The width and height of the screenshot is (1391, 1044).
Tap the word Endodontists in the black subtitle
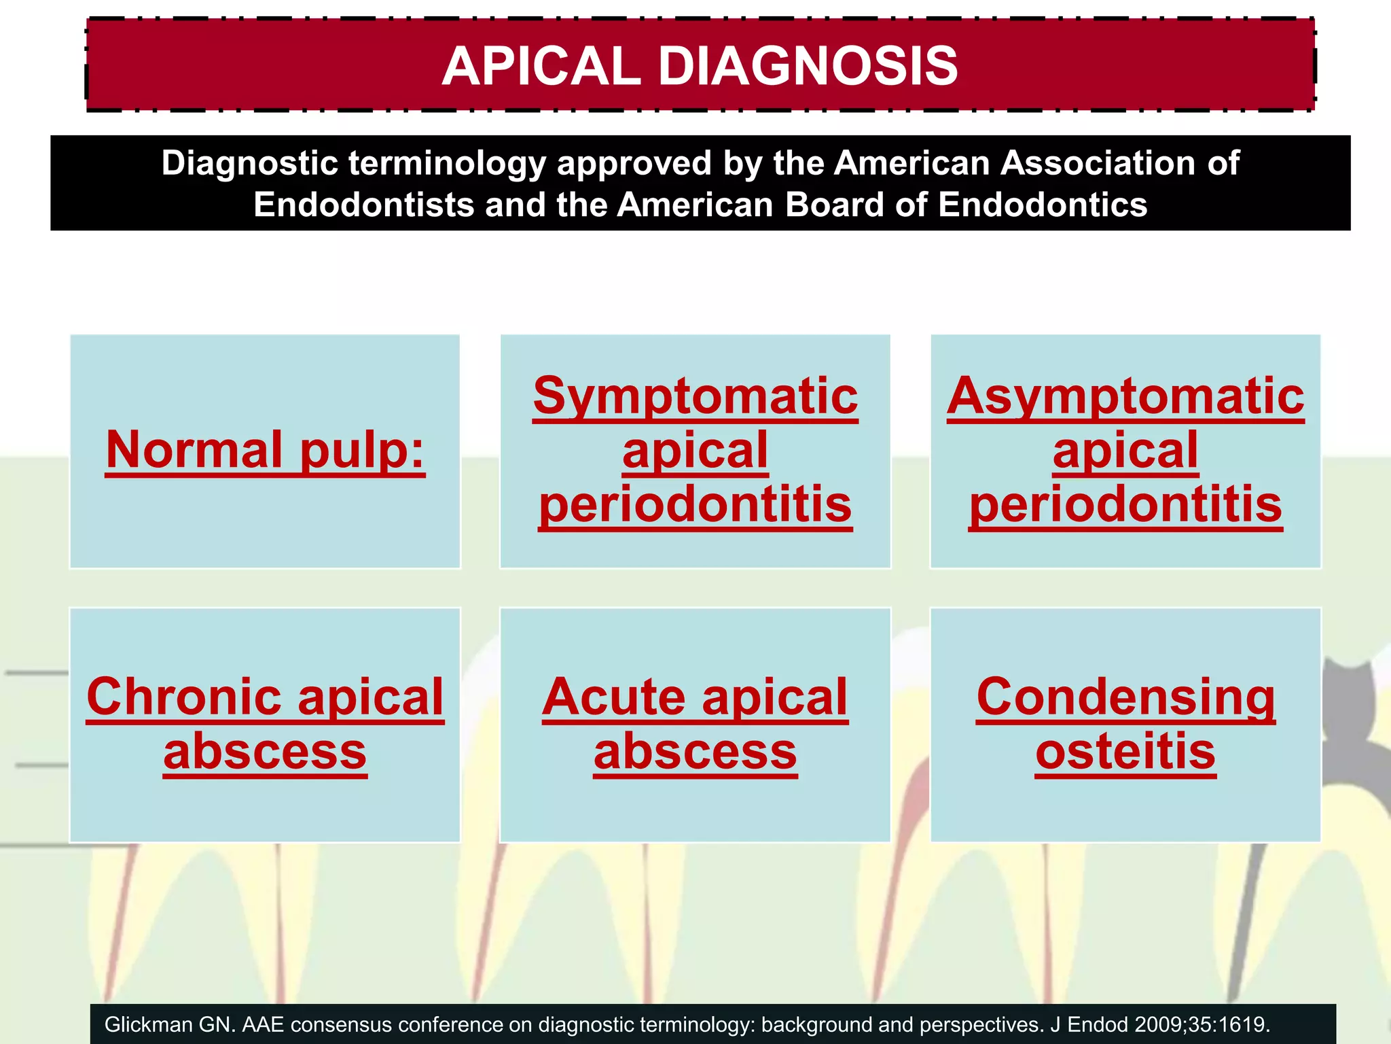click(363, 205)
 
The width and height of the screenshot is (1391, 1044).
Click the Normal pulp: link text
click(265, 450)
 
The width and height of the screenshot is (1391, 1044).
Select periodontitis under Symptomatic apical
click(695, 504)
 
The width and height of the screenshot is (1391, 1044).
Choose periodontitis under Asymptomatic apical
click(1125, 504)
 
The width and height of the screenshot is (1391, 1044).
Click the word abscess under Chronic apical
click(265, 752)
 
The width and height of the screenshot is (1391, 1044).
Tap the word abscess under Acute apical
click(695, 752)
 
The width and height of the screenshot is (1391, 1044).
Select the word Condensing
click(1125, 697)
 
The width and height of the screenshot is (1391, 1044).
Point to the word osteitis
click(1125, 752)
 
